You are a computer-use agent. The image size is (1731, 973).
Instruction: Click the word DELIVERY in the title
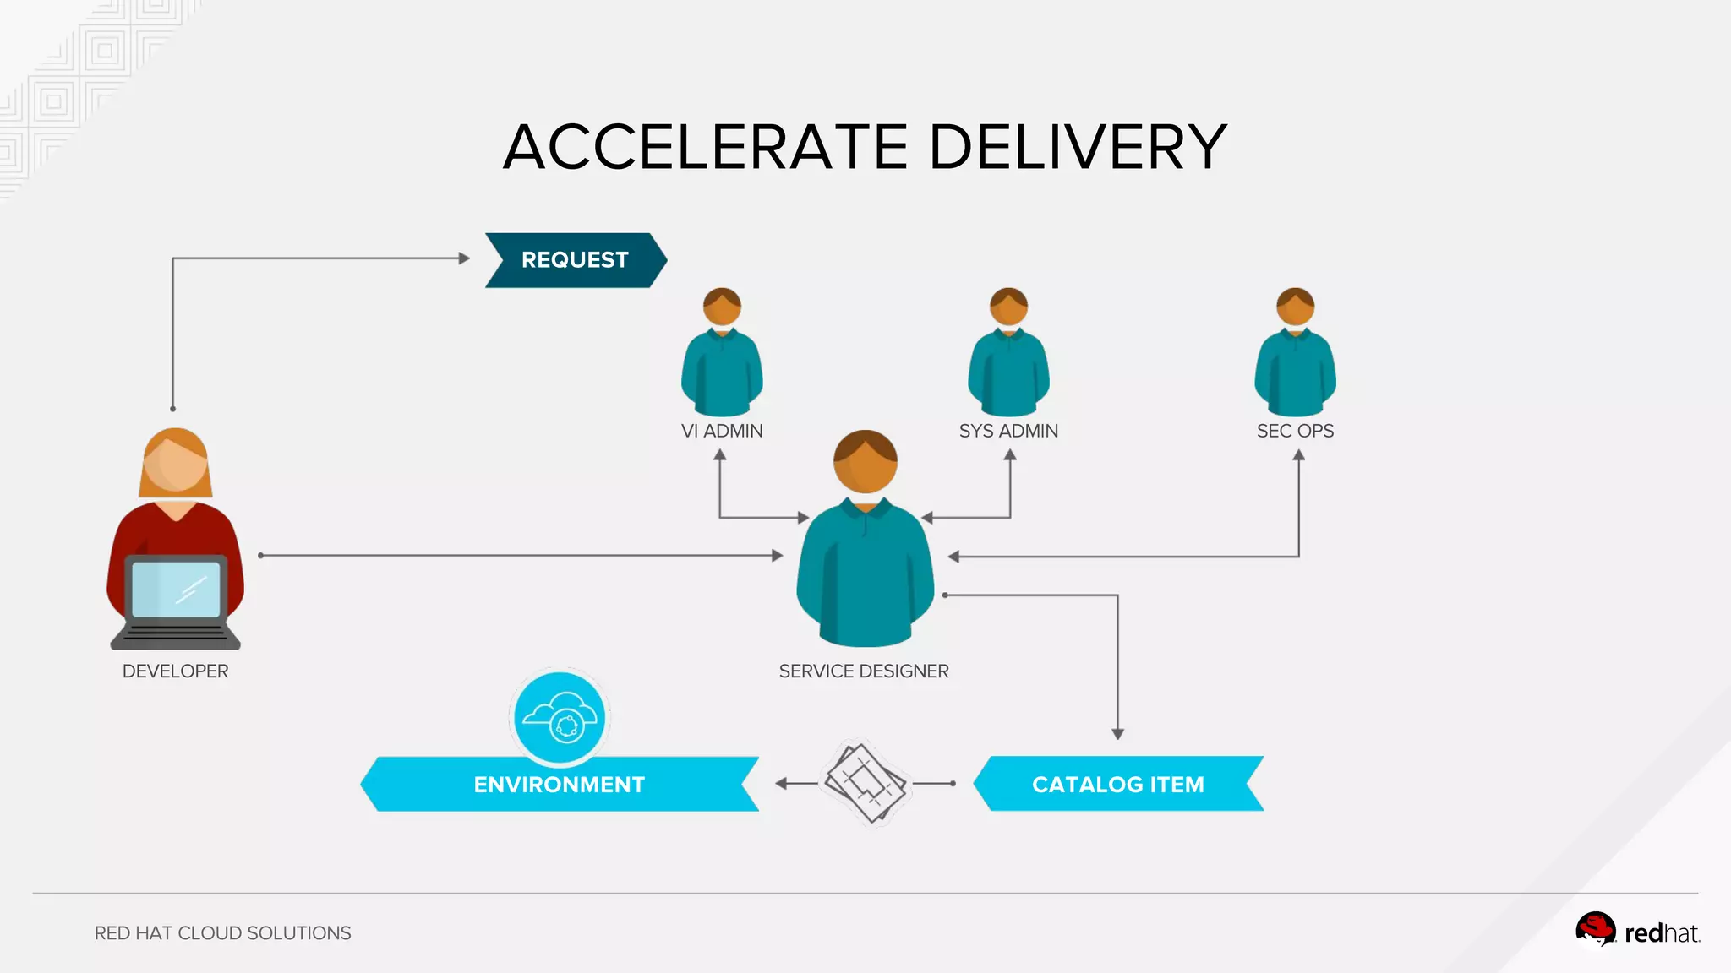(x=1078, y=147)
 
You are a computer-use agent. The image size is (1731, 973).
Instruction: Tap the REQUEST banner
(x=575, y=260)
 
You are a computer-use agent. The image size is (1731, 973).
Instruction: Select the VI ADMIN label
(x=722, y=431)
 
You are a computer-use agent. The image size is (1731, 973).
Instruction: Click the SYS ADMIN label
(x=1008, y=431)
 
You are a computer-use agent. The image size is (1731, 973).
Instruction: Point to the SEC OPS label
(x=1295, y=431)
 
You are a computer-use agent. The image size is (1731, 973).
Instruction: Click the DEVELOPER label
(x=175, y=671)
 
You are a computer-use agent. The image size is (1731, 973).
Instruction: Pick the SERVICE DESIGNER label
(x=864, y=671)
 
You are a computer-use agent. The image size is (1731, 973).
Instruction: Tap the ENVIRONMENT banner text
(x=559, y=785)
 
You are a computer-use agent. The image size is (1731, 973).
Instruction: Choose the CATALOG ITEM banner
(x=1117, y=785)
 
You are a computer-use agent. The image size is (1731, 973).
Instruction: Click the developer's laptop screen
(x=176, y=589)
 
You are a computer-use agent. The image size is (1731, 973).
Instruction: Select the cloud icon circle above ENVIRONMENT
(x=560, y=717)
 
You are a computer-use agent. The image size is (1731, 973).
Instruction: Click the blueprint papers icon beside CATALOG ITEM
(x=865, y=782)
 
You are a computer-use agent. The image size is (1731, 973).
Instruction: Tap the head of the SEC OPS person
(x=1295, y=307)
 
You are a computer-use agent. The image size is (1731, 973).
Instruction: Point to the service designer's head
(x=865, y=462)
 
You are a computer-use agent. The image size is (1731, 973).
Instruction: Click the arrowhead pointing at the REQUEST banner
(x=464, y=258)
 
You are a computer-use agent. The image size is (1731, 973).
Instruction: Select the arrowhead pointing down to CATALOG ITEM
(x=1117, y=734)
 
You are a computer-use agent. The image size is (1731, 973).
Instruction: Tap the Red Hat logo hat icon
(x=1595, y=929)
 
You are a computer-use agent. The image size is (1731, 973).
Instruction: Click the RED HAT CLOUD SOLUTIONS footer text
(x=222, y=933)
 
